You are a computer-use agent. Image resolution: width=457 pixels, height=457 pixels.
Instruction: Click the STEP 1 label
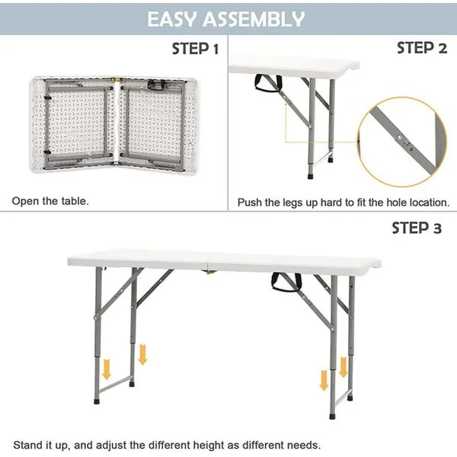(195, 50)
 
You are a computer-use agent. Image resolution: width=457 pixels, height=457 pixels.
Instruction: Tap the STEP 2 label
(421, 48)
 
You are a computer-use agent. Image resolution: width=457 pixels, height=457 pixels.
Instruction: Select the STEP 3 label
(416, 228)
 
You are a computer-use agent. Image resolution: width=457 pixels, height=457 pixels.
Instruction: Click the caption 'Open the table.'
(50, 202)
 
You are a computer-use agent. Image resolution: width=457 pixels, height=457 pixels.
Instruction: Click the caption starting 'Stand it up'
(167, 445)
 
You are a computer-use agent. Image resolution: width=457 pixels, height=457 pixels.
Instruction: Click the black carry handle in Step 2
(267, 84)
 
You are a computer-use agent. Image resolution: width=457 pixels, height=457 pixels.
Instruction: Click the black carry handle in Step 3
(286, 283)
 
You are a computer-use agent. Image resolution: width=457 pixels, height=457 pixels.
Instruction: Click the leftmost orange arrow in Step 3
(107, 369)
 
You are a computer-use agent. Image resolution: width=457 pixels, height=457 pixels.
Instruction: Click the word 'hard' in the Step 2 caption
(328, 203)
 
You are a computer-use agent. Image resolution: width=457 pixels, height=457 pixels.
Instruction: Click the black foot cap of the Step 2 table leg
(312, 174)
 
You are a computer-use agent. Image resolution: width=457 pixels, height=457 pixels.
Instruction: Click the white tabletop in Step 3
(221, 260)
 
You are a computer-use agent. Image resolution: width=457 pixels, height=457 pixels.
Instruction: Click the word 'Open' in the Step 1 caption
(24, 202)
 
